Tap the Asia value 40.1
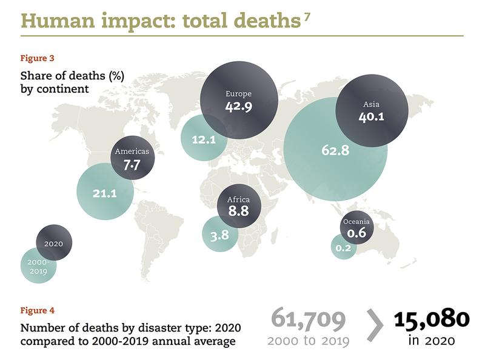tap(371, 117)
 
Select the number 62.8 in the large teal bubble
tap(335, 150)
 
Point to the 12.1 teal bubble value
tap(204, 139)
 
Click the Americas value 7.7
tap(132, 165)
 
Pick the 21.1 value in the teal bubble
tap(104, 193)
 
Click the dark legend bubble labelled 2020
tap(54, 243)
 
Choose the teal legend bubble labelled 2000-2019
tap(38, 267)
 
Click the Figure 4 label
tap(37, 310)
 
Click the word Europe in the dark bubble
tap(238, 93)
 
